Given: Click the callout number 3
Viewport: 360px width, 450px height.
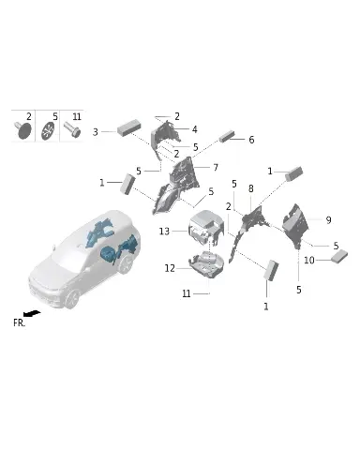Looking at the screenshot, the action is [96, 132].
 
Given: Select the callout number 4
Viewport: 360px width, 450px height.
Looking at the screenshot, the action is [195, 129].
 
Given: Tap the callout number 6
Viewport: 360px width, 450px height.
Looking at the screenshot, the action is [251, 140].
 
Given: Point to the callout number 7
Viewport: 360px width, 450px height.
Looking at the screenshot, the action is [216, 168].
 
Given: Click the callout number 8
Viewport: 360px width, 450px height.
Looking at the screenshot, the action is [251, 188].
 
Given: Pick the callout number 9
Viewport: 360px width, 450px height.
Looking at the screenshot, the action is [328, 220].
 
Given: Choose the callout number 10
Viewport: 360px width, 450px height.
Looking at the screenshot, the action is [309, 260].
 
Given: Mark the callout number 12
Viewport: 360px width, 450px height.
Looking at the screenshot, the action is [170, 268].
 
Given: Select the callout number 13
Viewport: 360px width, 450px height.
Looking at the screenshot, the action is [164, 232].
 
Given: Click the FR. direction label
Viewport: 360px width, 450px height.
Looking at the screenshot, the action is [19, 322].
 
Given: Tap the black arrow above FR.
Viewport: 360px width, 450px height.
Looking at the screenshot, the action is [32, 313].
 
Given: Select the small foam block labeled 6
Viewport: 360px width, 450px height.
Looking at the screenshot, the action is [227, 136].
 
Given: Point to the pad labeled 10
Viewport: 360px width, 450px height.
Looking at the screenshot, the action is [338, 257].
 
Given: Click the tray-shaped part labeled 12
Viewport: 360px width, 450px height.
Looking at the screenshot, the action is [206, 263].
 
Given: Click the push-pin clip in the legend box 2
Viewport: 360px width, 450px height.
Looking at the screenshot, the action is [23, 130].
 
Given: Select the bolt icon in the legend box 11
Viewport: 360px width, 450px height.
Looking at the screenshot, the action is [72, 129].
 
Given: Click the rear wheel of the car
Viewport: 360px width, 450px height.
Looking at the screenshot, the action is [126, 264].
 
